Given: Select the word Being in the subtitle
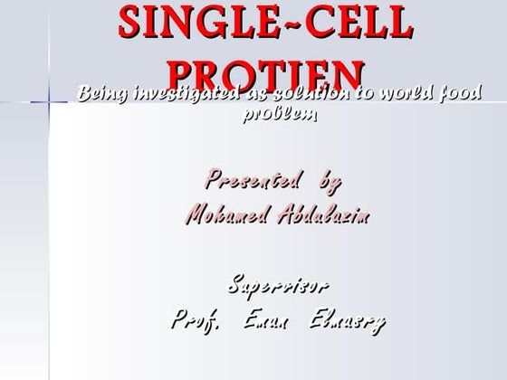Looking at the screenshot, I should click(102, 93).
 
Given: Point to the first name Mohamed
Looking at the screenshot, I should click(229, 215).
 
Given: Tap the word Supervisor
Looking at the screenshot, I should click(278, 286).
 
